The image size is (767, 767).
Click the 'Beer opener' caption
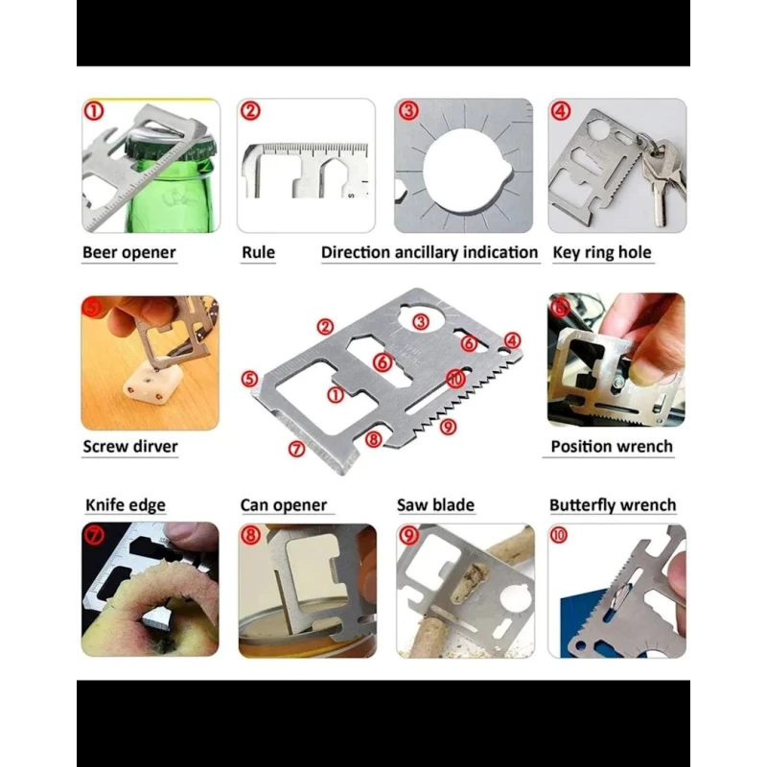(x=129, y=252)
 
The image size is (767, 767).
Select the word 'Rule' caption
(x=258, y=252)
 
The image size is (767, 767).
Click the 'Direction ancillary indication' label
(x=430, y=252)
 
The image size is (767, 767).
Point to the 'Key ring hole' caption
(x=602, y=252)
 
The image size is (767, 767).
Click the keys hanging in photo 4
(x=662, y=178)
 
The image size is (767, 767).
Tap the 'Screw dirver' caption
(x=130, y=446)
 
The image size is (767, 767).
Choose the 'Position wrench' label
(x=612, y=446)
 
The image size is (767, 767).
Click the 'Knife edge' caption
(x=126, y=505)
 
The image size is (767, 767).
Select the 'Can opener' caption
(x=284, y=505)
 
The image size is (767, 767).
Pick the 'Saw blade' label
(x=436, y=505)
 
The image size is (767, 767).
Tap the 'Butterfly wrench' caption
(x=613, y=505)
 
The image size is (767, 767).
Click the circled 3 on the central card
(x=421, y=321)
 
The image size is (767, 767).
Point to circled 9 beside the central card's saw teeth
(x=448, y=427)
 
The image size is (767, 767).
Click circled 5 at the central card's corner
(x=249, y=379)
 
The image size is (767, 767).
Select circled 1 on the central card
(x=336, y=394)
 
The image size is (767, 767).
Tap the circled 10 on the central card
(x=456, y=378)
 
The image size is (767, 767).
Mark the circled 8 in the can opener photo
(x=250, y=535)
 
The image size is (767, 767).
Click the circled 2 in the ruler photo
(x=250, y=111)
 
